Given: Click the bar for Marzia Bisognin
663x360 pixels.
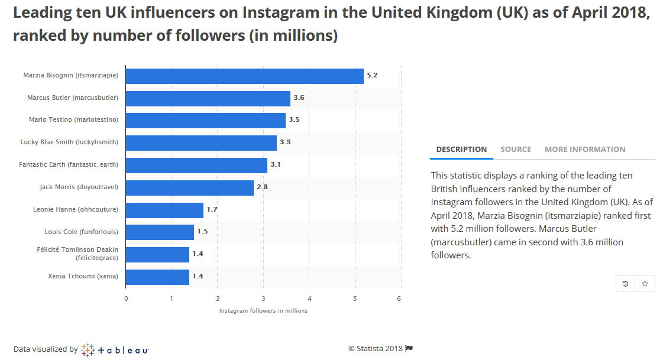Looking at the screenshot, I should tap(244, 76).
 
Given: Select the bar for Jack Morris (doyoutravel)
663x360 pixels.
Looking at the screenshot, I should tap(189, 188).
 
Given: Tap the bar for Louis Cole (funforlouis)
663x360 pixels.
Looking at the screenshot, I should tap(160, 232).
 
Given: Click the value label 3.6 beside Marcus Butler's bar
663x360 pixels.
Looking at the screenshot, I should tap(299, 98).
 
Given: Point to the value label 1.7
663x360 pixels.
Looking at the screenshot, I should tap(212, 210).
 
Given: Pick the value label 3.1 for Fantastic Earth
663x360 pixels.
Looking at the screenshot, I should tap(275, 165).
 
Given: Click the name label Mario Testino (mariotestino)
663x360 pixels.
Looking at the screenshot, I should tap(73, 120).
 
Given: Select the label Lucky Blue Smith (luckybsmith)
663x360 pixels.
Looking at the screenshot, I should tap(69, 142).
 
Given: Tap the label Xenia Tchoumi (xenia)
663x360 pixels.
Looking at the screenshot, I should tap(83, 277).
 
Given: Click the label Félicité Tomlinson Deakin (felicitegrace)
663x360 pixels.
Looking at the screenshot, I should tap(77, 254).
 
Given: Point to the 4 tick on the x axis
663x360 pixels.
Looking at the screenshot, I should tap(309, 299).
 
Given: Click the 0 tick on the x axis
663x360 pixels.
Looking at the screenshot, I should tap(126, 299).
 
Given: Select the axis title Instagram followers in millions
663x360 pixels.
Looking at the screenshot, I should tap(263, 311).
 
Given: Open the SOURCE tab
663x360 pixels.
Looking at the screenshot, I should tap(516, 150).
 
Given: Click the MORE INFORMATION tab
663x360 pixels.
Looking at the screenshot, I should tap(585, 150).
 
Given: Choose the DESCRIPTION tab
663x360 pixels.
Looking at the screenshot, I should tap(461, 150).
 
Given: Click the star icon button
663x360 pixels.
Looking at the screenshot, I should tap(645, 284).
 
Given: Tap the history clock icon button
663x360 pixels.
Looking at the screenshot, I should tap(625, 284).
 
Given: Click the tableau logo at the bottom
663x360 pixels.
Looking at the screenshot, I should tap(115, 350).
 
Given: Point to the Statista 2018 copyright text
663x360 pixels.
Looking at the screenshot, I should tap(380, 349).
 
